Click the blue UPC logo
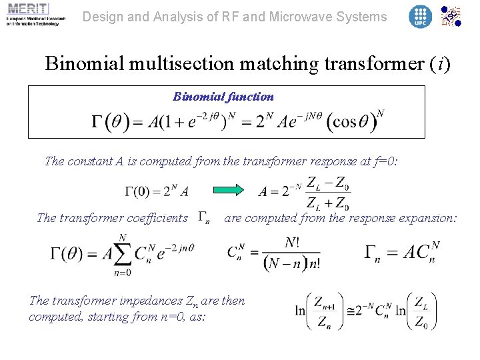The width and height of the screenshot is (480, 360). point(420,17)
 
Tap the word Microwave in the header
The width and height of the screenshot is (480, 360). point(291,17)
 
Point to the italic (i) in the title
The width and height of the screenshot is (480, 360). point(439,64)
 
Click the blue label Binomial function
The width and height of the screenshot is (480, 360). point(223,97)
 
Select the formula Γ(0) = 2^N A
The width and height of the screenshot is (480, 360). point(157,192)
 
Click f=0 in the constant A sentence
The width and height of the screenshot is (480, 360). point(381,161)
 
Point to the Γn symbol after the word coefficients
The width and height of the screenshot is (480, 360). point(205,218)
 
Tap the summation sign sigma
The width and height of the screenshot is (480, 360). point(122,255)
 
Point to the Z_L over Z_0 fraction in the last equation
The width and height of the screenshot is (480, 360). point(421,311)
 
